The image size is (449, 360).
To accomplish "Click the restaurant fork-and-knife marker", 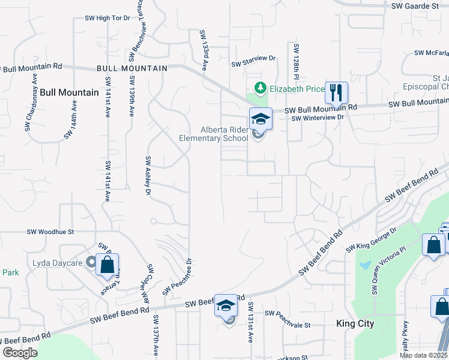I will pos(336,93).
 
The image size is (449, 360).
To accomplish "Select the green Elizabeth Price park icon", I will pos(260,89).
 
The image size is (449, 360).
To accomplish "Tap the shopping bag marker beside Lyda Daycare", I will pos(107,265).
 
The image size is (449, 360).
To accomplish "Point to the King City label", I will pos(355,323).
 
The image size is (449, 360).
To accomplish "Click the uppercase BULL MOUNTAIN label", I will pos(132,69).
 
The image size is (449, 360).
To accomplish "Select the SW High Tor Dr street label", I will pos(108,18).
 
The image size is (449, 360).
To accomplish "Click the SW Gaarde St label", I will pos(415,5).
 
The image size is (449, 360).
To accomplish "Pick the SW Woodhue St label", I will pos(50,232).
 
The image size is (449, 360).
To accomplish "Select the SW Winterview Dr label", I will pos(318,118).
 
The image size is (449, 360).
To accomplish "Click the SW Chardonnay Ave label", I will pos(32,96).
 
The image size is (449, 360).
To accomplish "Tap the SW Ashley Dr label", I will pos(147,176).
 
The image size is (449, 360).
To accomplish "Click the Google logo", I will pos(20,353).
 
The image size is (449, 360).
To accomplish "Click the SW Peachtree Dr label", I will pos(178,276).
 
